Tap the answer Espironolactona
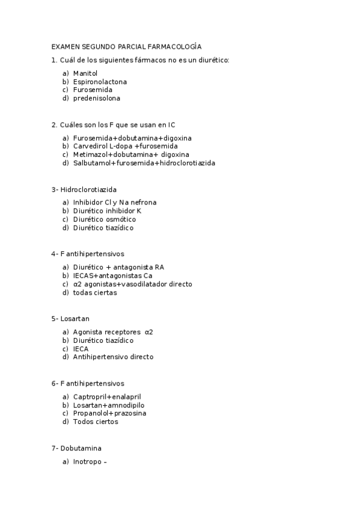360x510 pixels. click(x=100, y=82)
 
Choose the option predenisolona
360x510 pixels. click(x=96, y=99)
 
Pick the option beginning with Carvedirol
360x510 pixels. click(x=125, y=146)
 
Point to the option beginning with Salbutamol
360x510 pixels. click(x=144, y=163)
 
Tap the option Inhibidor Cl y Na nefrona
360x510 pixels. click(x=114, y=203)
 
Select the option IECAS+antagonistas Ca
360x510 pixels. click(x=112, y=275)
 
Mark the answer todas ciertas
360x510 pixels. click(x=95, y=293)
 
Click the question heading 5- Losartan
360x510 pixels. click(x=70, y=319)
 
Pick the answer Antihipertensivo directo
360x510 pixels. click(x=113, y=357)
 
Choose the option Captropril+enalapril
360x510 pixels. click(x=107, y=396)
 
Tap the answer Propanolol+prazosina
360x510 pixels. click(x=109, y=413)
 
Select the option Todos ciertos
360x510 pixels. click(x=96, y=422)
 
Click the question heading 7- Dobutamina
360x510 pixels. click(x=76, y=448)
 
